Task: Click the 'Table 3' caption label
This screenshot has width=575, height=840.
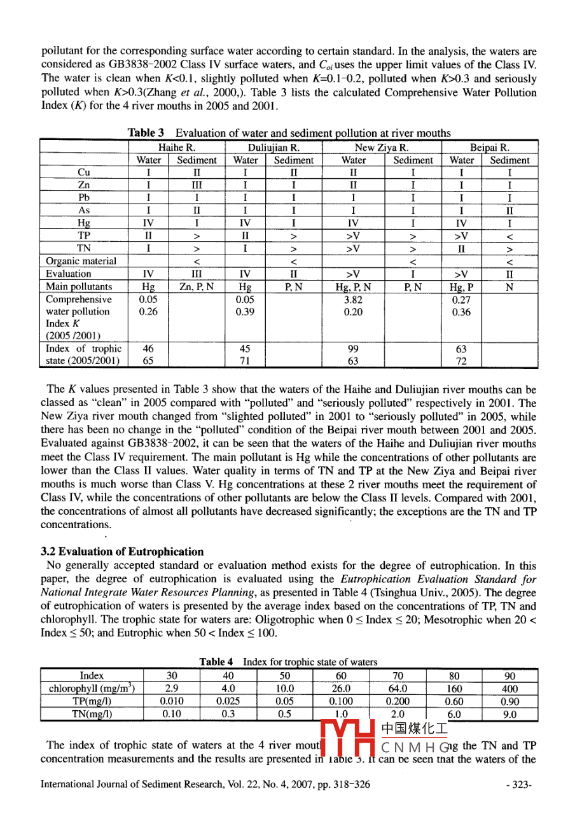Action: tap(146, 133)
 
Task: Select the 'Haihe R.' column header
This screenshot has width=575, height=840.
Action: tap(176, 148)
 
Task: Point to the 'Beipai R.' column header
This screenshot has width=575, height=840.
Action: tap(489, 148)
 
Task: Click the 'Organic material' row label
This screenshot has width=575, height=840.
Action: tap(81, 261)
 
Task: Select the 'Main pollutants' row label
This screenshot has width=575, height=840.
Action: tap(79, 286)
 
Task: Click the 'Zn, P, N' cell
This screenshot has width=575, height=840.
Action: tap(196, 286)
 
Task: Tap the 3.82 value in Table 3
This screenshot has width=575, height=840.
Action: tap(353, 299)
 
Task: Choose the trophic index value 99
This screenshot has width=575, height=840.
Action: tap(353, 349)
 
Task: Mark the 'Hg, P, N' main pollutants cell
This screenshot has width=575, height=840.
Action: tap(353, 286)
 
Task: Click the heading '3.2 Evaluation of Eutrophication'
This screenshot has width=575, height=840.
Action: tap(122, 551)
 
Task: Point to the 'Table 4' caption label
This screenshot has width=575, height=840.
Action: tap(216, 662)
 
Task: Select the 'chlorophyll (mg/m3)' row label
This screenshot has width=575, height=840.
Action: tap(92, 689)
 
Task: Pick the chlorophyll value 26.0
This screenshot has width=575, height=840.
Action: tap(342, 689)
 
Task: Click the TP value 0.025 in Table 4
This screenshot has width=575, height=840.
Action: tap(228, 701)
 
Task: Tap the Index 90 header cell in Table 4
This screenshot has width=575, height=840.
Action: tap(509, 676)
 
